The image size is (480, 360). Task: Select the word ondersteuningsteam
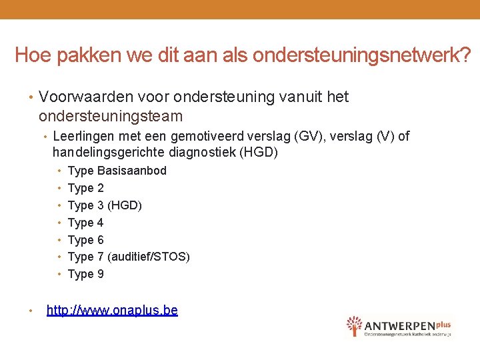(111, 116)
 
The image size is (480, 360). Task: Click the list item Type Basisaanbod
(117, 171)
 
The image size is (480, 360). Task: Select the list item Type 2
(86, 188)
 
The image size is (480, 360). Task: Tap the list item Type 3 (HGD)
(105, 205)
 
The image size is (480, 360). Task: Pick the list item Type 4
(86, 223)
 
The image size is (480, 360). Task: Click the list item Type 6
(86, 240)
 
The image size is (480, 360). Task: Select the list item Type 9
(86, 274)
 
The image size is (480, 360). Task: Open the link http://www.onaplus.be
(112, 310)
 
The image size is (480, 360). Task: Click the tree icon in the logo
(354, 325)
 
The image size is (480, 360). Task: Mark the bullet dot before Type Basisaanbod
(60, 171)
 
